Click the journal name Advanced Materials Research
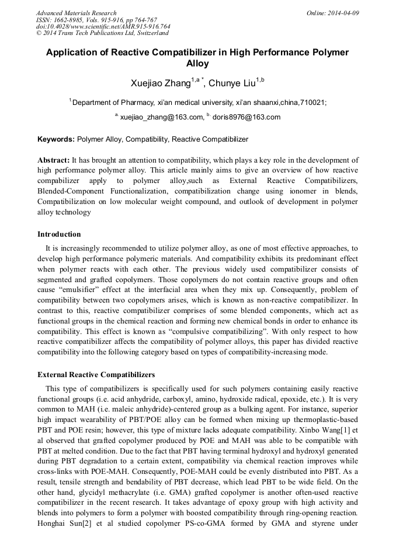76,13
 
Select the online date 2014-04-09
343,13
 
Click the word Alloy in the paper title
197,64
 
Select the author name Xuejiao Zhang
161,83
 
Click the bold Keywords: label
56,139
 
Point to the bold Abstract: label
54,160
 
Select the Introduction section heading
59,234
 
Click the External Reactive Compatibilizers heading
96,374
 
